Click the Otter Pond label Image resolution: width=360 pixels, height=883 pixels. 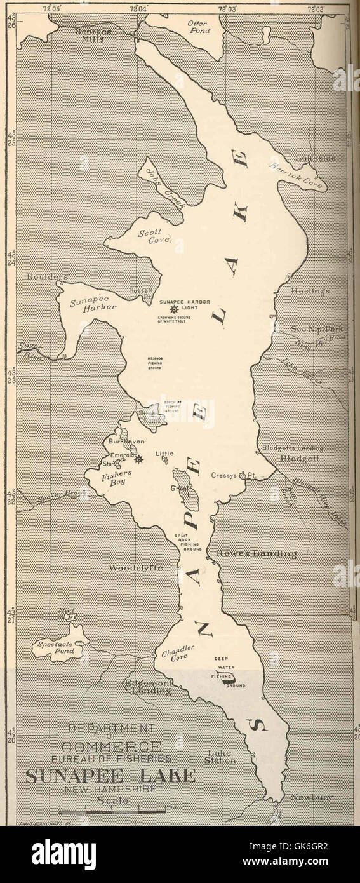point(197,26)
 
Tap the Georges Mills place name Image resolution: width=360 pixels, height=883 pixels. point(93,35)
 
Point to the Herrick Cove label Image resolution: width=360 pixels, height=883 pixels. point(288,173)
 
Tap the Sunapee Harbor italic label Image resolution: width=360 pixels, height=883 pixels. point(93,303)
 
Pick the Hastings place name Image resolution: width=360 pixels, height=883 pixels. point(310,291)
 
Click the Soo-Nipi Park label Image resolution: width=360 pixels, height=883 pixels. point(317,329)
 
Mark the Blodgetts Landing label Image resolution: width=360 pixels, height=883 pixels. point(292,448)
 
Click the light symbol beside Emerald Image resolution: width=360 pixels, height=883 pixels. point(138,459)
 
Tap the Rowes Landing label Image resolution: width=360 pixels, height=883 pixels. point(256,553)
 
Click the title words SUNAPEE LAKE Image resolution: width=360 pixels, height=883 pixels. point(110,776)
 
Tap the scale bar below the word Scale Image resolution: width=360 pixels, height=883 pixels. point(112,811)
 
